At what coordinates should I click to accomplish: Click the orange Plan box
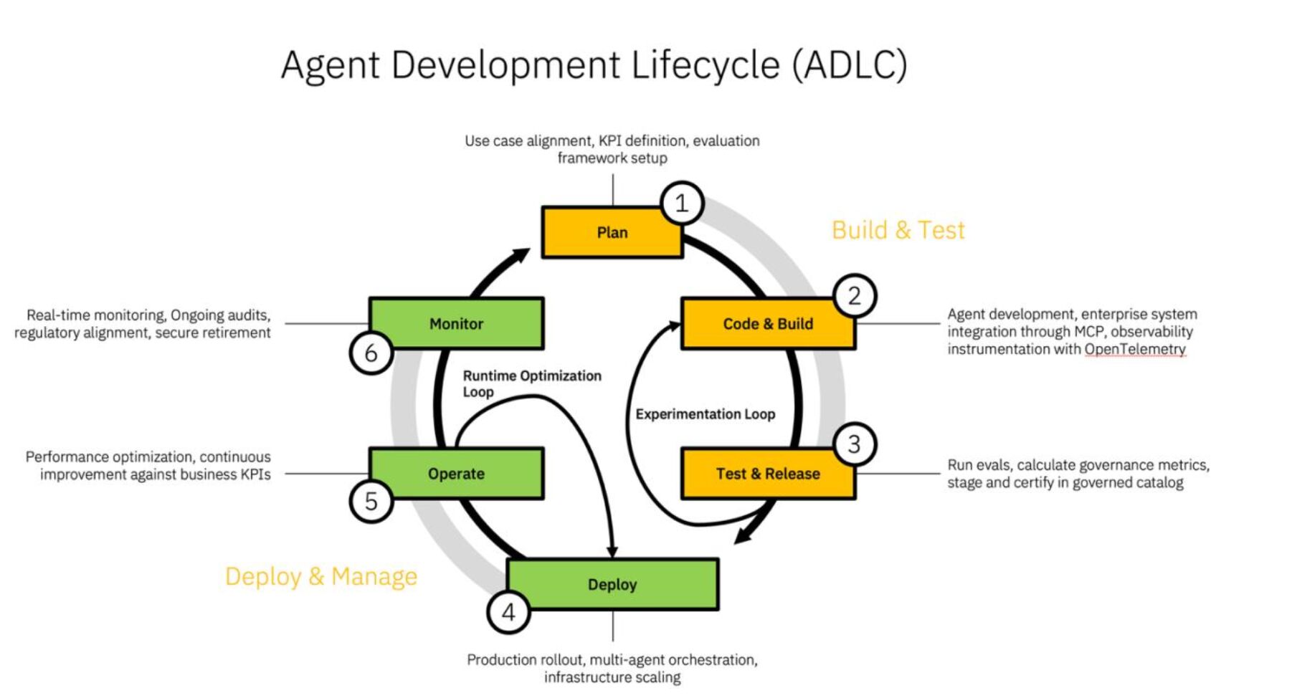point(612,232)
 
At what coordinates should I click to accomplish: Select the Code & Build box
point(767,324)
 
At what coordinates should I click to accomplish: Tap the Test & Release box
point(767,474)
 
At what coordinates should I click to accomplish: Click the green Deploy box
point(612,584)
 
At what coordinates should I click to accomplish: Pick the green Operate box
point(456,474)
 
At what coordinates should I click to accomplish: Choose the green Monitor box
point(456,324)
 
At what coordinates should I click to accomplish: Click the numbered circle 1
point(681,204)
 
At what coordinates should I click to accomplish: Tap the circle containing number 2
point(854,295)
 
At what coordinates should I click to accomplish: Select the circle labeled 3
point(854,444)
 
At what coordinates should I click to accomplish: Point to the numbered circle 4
point(508,613)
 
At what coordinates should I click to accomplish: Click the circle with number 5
point(371,501)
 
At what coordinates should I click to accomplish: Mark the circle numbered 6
point(371,353)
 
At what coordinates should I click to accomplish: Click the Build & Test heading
point(898,230)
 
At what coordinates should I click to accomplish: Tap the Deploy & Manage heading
point(320,576)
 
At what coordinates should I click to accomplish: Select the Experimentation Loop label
point(705,414)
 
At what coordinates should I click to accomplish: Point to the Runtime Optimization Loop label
point(531,383)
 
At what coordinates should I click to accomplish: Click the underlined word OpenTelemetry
point(1134,349)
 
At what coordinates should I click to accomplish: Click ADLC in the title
point(850,65)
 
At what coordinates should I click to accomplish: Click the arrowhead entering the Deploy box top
point(612,551)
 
